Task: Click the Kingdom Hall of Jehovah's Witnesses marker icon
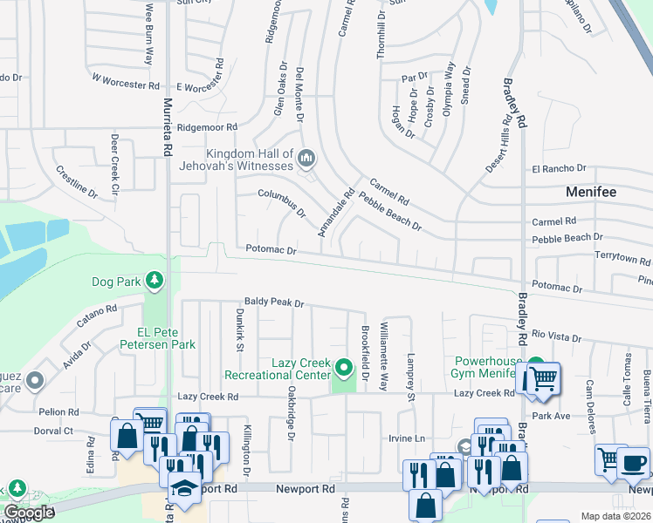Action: click(x=306, y=158)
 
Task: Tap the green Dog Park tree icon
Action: click(x=154, y=280)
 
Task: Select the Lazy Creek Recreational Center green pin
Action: click(x=345, y=367)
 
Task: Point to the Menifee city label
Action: click(x=591, y=192)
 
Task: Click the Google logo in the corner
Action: click(x=29, y=513)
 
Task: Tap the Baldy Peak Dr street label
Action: click(x=274, y=303)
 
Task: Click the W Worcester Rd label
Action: click(x=126, y=81)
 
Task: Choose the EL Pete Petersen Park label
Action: click(x=166, y=338)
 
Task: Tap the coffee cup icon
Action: click(x=634, y=462)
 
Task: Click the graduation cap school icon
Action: click(x=185, y=490)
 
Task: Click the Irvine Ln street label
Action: click(x=407, y=438)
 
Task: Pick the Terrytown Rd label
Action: click(x=622, y=260)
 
